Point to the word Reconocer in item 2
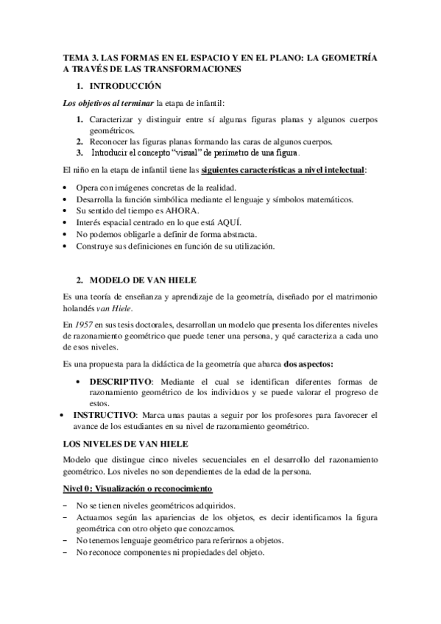(110, 141)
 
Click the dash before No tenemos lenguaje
(67, 542)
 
